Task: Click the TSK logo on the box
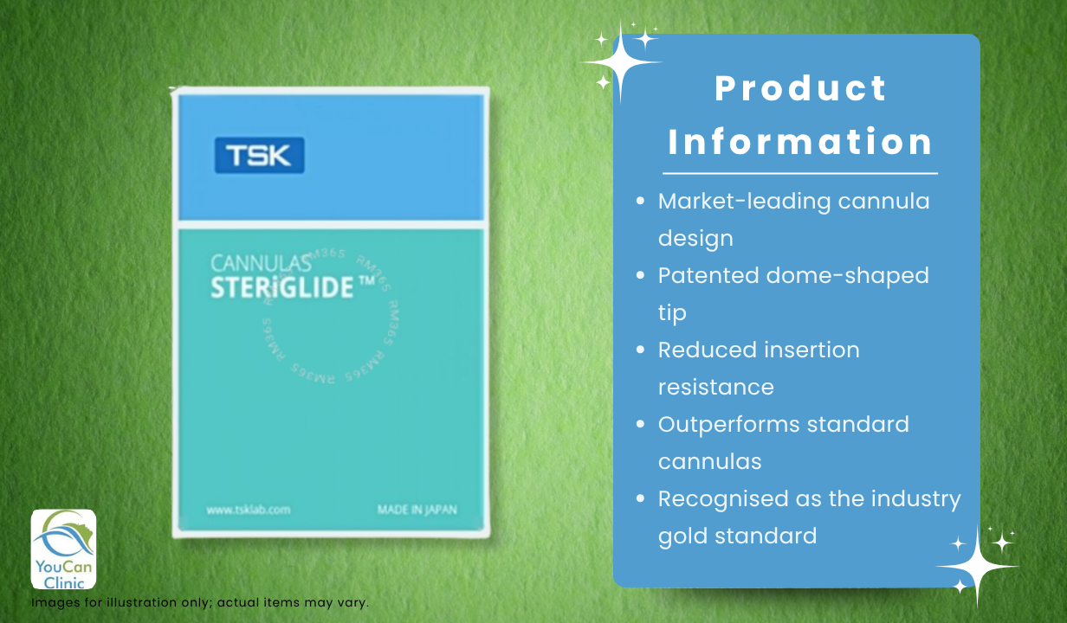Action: [x=259, y=156]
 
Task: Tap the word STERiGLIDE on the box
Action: [x=282, y=286]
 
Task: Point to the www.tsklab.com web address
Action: [x=248, y=510]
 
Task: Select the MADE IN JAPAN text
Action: [x=417, y=510]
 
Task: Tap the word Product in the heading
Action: [x=801, y=88]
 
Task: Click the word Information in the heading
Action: [x=801, y=142]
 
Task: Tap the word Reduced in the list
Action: [x=705, y=350]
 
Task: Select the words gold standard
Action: [x=737, y=536]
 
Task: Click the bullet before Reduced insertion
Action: [x=641, y=350]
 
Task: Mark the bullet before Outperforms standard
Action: [x=641, y=424]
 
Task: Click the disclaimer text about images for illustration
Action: [x=200, y=602]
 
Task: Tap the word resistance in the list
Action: [x=715, y=387]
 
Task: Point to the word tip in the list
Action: [x=671, y=312]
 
